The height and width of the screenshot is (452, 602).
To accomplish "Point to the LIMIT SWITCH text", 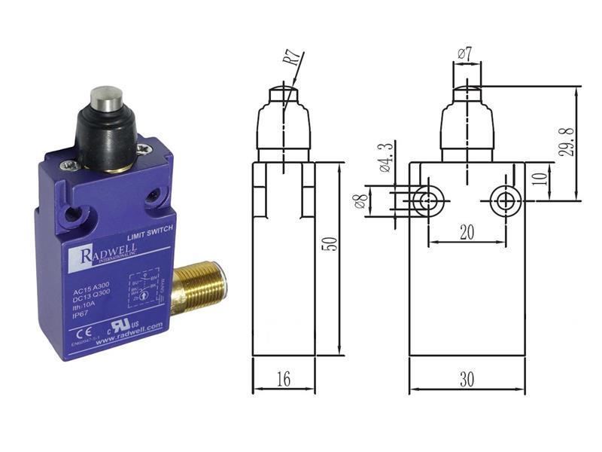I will point(148,239).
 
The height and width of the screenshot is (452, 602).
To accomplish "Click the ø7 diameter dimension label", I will point(464,54).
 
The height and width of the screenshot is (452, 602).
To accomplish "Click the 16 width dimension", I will point(283,379).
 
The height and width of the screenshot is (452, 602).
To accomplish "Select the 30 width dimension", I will point(467,380).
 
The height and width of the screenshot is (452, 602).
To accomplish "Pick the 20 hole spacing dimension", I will point(467,233).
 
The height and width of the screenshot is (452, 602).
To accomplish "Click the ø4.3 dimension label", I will point(387,157).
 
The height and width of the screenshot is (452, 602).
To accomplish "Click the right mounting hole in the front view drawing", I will point(503,200).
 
